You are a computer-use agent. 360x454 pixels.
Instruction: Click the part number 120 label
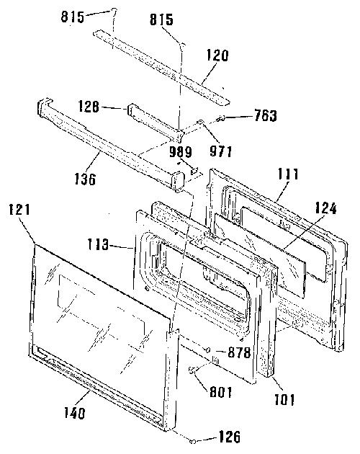[x=217, y=55]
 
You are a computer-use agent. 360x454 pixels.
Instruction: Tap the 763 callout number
[x=266, y=115]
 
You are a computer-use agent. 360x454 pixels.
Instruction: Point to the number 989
[x=181, y=152]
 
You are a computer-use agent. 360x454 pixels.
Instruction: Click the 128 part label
[x=89, y=107]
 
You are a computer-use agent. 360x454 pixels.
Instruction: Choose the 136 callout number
[x=85, y=179]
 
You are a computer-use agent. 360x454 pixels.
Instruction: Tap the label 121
[x=19, y=209]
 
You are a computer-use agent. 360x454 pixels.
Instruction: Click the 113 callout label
[x=99, y=245]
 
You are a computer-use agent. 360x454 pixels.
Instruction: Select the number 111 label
[x=289, y=174]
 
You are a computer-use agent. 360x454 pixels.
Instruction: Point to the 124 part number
[x=326, y=208]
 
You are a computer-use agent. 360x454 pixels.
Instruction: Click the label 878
[x=239, y=352]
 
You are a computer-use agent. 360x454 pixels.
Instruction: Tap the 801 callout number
[x=221, y=392]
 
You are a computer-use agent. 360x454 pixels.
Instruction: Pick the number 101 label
[x=284, y=400]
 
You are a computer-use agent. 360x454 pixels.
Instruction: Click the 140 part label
[x=75, y=413]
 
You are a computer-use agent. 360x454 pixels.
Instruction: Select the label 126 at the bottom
[x=230, y=437]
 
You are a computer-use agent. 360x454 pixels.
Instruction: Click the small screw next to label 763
[x=221, y=117]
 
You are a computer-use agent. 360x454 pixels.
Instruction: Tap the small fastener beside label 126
[x=193, y=441]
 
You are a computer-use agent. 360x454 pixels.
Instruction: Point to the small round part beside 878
[x=208, y=350]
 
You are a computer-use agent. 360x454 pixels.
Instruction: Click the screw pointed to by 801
[x=192, y=370]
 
